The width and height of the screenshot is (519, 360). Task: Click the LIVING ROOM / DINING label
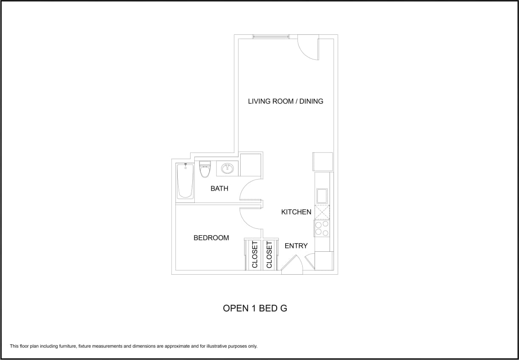[286, 101]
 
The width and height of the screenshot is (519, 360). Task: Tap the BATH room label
[219, 188]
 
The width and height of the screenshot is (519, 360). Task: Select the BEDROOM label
[211, 238]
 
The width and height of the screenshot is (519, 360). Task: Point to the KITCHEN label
[296, 212]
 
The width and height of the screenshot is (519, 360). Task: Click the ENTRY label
[296, 246]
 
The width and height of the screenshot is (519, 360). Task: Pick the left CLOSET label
[255, 255]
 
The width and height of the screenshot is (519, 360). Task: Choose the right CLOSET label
[269, 255]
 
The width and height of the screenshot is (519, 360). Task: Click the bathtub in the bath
[185, 181]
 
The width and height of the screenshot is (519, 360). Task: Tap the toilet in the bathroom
[205, 169]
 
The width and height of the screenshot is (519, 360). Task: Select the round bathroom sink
[227, 169]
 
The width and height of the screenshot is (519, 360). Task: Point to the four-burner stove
[322, 228]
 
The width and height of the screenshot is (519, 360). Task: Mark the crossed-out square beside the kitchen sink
[322, 212]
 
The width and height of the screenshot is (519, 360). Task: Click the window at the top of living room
[271, 37]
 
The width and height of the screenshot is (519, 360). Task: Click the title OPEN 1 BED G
[255, 308]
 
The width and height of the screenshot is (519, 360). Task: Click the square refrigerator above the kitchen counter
[323, 162]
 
